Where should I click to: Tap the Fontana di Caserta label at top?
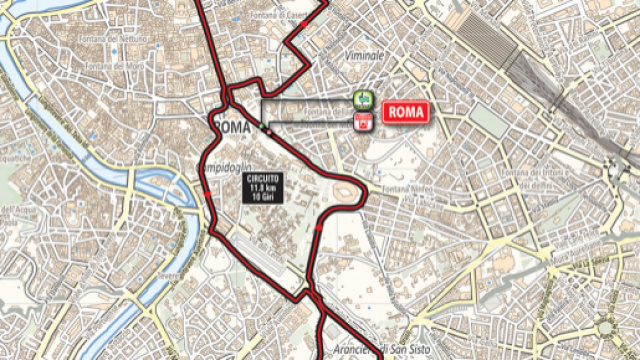coord(285,15)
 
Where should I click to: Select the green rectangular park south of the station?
coord(490,120)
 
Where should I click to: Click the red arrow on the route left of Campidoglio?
coord(207,195)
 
